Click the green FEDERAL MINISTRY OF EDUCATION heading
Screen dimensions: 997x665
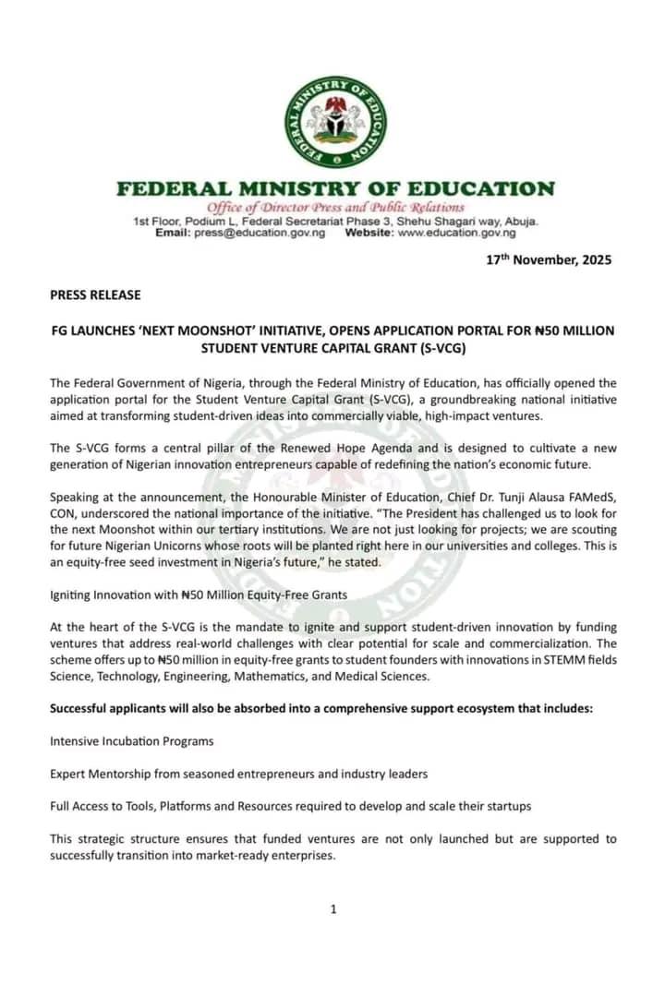pos(335,189)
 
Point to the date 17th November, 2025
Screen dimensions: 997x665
pos(549,259)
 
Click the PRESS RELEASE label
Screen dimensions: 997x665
pos(95,295)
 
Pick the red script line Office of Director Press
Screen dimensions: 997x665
pos(335,208)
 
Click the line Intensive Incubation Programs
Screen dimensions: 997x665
pos(131,740)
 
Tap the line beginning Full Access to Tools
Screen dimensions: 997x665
pos(290,806)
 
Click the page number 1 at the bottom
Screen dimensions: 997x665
pos(333,909)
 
